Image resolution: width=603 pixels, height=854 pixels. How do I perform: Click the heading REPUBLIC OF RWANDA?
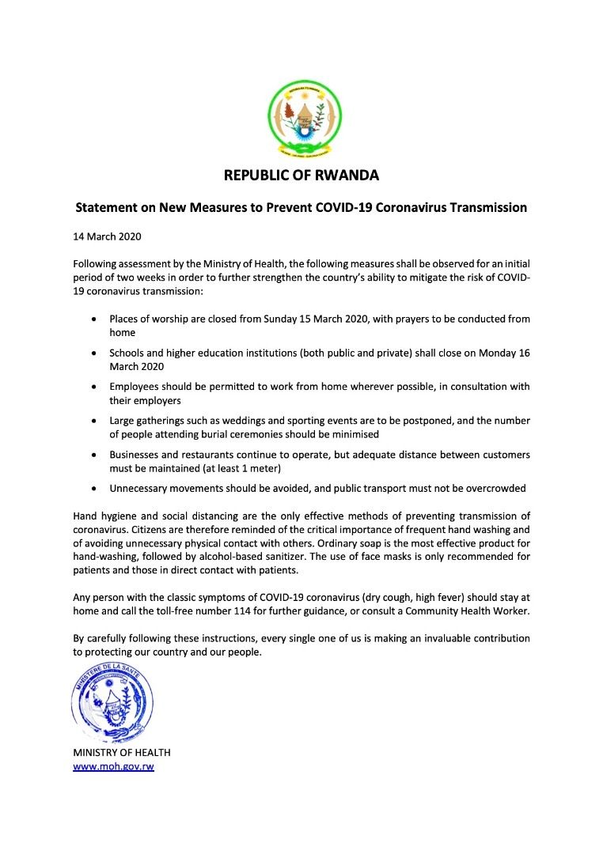[301, 175]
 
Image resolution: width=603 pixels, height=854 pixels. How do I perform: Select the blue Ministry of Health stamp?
[112, 703]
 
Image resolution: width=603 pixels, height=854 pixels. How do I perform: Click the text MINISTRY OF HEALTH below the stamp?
[122, 752]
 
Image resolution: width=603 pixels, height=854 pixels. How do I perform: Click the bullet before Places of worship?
[95, 319]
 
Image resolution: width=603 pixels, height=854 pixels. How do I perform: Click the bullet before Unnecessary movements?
[95, 489]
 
